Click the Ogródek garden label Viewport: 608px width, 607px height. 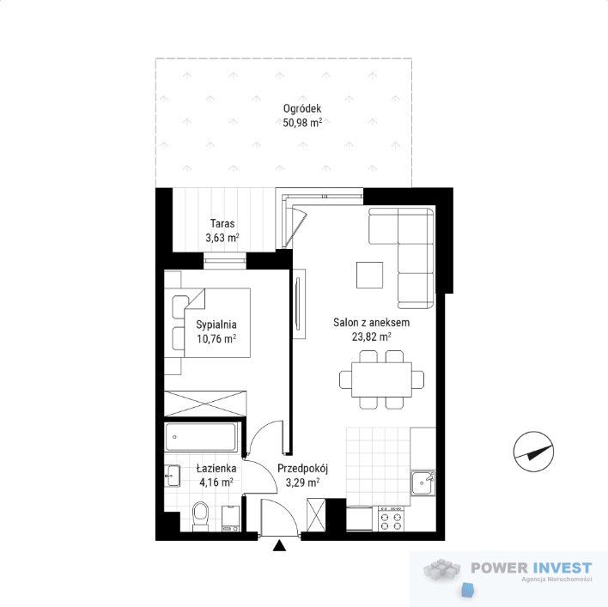(302, 109)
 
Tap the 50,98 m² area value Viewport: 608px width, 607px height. (302, 123)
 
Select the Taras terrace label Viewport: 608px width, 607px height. (222, 223)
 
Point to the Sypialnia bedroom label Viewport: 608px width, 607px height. (216, 325)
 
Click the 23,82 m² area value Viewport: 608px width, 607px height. (372, 337)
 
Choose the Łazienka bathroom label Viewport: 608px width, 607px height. (216, 468)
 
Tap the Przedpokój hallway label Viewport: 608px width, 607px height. (303, 469)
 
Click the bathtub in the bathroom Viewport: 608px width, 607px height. (201, 437)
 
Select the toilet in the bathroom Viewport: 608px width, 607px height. (200, 516)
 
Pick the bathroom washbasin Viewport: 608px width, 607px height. (172, 476)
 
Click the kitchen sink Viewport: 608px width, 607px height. (423, 483)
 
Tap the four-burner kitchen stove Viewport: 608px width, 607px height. (391, 519)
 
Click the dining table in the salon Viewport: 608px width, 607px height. (381, 379)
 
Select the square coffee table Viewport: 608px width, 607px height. (369, 275)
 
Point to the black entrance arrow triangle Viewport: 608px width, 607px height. (279, 546)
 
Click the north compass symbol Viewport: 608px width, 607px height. (533, 452)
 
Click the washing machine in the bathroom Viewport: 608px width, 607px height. (231, 519)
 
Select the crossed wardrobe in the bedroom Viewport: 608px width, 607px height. (205, 404)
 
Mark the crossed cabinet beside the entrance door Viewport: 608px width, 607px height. (316, 515)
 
